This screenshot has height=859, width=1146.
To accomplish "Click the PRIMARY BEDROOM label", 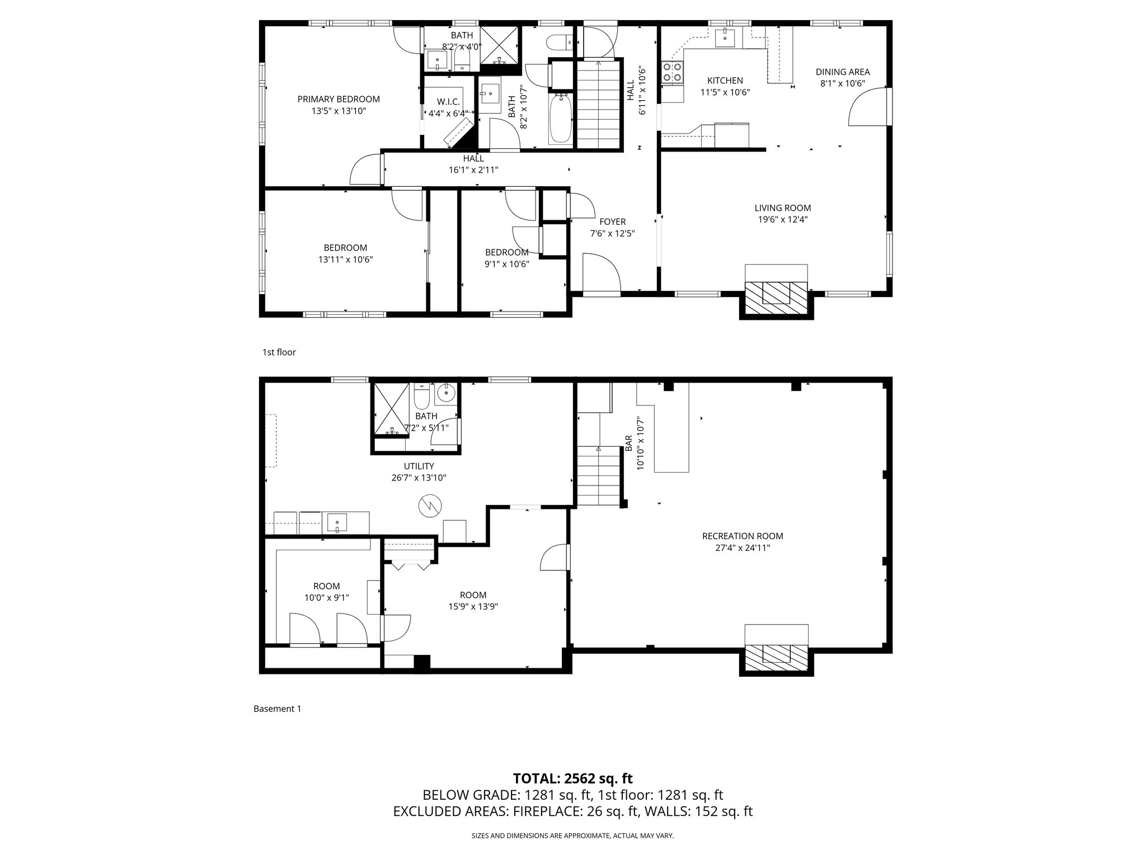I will click(338, 100).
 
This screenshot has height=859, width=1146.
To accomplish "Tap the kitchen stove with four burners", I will click(673, 73).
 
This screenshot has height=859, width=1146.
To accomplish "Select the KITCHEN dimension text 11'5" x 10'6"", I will click(725, 93).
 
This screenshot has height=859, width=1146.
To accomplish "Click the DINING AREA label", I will click(842, 72).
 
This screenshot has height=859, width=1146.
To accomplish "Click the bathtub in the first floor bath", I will click(560, 119).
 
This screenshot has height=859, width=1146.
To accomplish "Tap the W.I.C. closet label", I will click(448, 102).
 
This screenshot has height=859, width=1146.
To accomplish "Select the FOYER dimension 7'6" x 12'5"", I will click(612, 234).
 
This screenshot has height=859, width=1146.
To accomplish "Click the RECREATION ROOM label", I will click(742, 536).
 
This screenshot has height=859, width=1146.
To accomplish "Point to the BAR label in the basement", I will click(629, 443).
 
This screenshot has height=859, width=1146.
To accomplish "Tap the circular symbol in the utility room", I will click(430, 506).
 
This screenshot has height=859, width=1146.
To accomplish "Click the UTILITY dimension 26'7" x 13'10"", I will click(419, 478).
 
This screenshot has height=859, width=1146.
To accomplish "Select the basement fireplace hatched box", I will click(776, 654).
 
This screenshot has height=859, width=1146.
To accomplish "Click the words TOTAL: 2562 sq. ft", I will click(572, 778).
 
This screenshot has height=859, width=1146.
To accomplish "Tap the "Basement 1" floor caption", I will click(277, 709).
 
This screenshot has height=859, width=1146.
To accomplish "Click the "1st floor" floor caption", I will click(279, 352).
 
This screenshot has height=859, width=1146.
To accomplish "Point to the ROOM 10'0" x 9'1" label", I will click(326, 592).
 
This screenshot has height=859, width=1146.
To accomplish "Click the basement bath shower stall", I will click(391, 408).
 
